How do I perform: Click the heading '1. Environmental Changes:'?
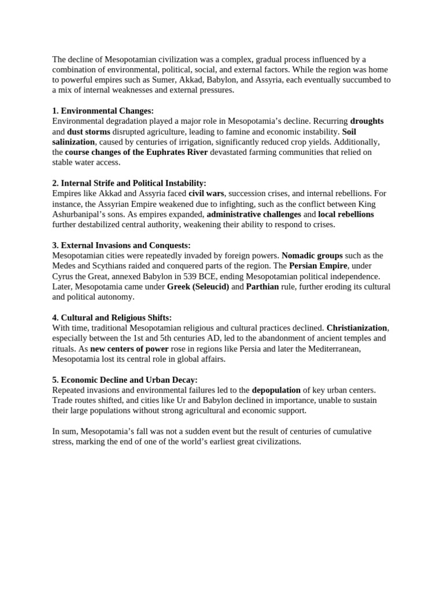click(103, 110)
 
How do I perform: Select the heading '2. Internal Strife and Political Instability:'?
click(129, 183)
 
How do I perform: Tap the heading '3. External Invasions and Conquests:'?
click(121, 245)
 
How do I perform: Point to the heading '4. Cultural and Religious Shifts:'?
click(112, 318)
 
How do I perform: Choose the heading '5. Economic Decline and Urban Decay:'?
click(124, 380)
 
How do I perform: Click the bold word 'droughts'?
click(367, 121)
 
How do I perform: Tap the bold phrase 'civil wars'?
click(206, 193)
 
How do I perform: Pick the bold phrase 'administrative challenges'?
click(254, 214)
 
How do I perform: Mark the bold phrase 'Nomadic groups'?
click(312, 256)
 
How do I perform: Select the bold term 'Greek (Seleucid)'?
click(198, 287)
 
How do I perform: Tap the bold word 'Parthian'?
click(262, 287)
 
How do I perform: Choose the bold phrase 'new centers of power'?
click(129, 349)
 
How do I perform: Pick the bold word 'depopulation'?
click(276, 390)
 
